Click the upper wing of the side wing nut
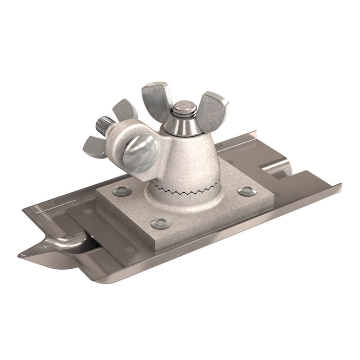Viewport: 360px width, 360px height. coord(125,110)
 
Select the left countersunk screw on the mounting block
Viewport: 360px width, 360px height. coord(122,191)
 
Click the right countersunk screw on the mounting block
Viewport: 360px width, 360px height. coord(247,191)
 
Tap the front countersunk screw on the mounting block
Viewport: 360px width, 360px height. coord(161,223)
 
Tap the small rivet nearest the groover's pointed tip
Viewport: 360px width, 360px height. coord(130,250)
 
